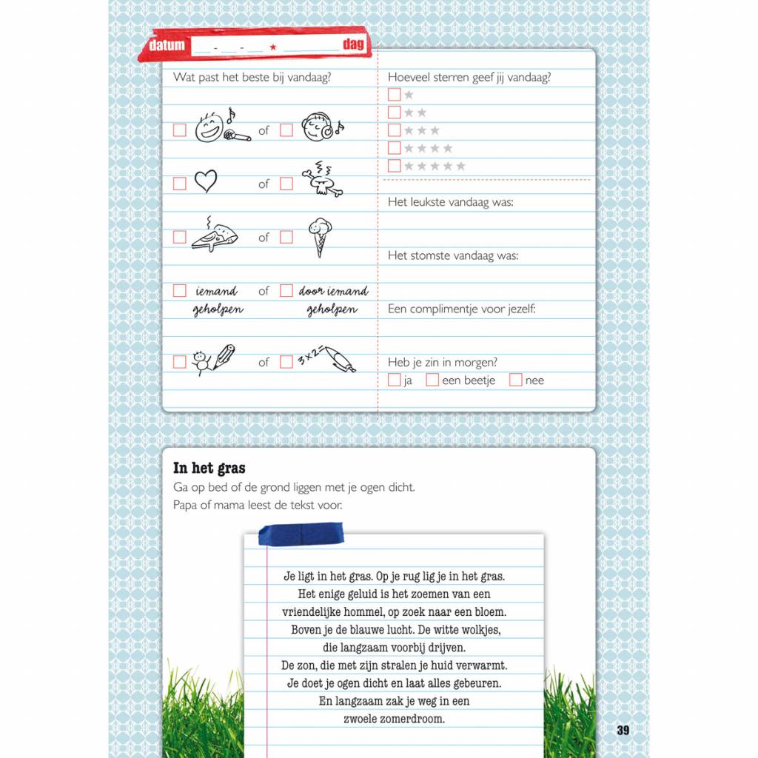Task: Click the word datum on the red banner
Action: [167, 45]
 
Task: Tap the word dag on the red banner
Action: [354, 44]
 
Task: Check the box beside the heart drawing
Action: [179, 184]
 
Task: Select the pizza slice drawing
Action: [213, 236]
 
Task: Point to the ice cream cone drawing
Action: [320, 236]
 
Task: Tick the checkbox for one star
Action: [395, 95]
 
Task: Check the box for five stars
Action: [395, 166]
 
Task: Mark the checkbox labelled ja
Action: [395, 380]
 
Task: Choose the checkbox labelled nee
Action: [516, 380]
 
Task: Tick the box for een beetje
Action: [432, 380]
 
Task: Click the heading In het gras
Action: [209, 468]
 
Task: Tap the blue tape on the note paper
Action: [301, 533]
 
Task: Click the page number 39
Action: [623, 730]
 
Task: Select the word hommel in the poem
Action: [385, 612]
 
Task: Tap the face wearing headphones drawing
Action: [321, 127]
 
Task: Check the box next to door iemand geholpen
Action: [286, 291]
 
